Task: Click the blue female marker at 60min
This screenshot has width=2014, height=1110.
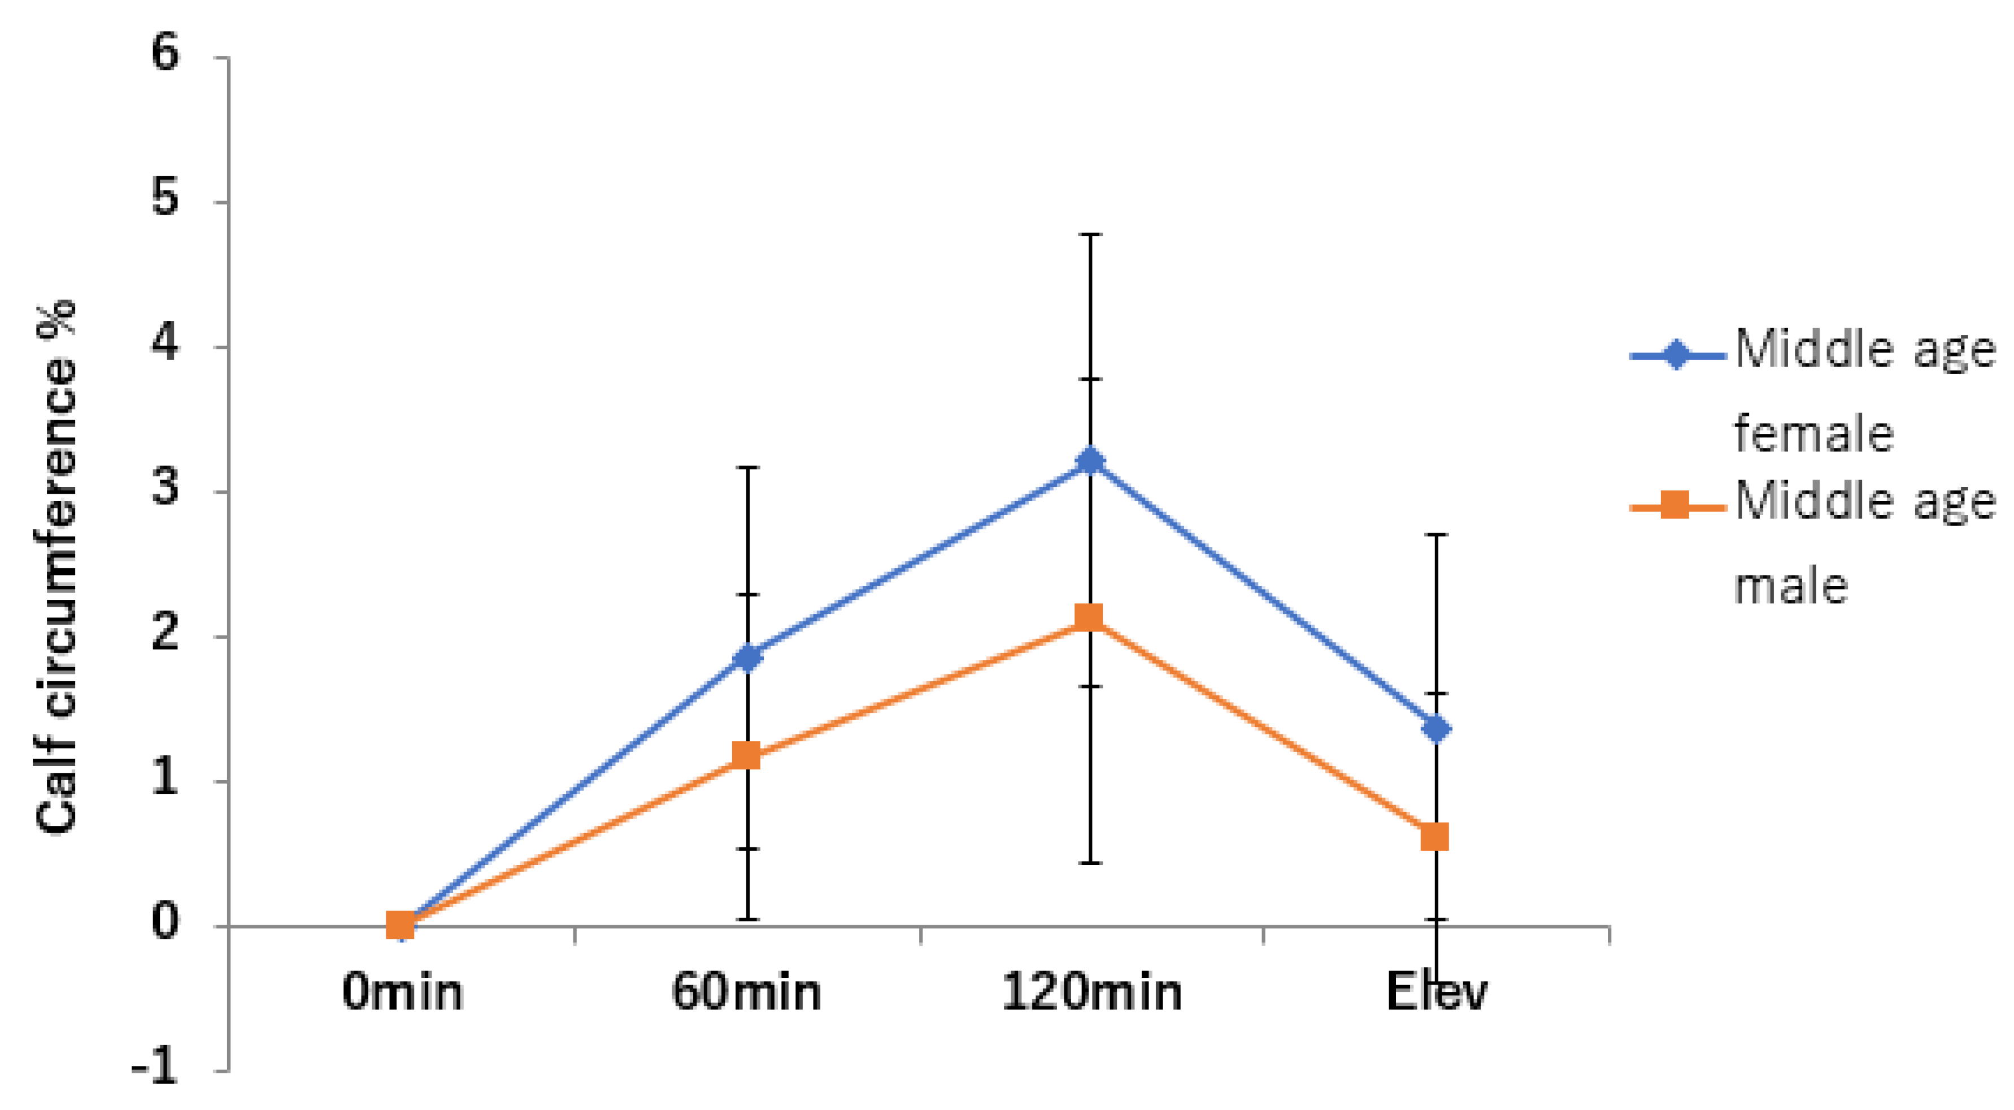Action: (x=747, y=658)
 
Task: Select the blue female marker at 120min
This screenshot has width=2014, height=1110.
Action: (x=1090, y=461)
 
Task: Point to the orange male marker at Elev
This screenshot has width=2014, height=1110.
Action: (x=1435, y=837)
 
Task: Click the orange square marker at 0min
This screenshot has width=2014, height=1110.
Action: (x=401, y=925)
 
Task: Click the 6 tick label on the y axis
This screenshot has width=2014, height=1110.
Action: (x=166, y=55)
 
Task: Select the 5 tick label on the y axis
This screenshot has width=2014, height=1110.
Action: (x=166, y=199)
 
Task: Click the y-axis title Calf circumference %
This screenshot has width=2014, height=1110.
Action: (x=56, y=566)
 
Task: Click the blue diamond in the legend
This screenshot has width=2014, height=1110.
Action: (x=1676, y=356)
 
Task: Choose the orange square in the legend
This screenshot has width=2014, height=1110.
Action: (x=1674, y=505)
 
